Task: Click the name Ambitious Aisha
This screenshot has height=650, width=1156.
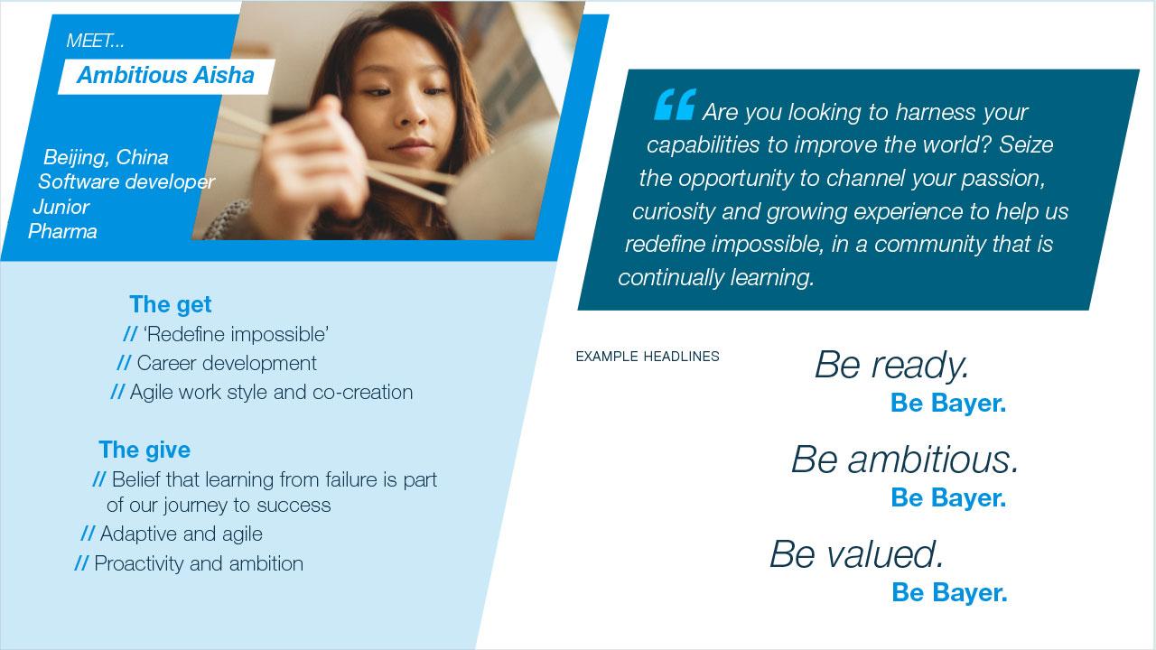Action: coord(165,75)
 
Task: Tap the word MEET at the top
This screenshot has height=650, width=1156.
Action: coord(89,41)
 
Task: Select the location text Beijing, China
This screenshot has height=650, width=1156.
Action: coord(106,157)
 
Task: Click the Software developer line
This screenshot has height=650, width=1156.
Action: coord(126,181)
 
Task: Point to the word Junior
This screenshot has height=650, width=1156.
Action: coord(61,208)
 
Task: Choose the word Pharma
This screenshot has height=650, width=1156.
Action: coord(62,232)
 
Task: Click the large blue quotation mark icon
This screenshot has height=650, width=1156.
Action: coord(675,104)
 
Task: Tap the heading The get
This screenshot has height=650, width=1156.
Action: coord(171,304)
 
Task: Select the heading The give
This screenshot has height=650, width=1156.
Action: coord(144,450)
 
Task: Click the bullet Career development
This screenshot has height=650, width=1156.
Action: coord(227,363)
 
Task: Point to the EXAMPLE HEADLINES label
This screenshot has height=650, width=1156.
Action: coord(648,357)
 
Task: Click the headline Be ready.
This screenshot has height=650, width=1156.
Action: coord(891,366)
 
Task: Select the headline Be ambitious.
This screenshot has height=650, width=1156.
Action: coord(905,460)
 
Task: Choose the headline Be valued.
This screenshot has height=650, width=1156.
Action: coord(857,554)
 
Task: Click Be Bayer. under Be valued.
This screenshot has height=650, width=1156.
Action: coord(949,592)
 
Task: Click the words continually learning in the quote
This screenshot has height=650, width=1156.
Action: coord(716,277)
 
